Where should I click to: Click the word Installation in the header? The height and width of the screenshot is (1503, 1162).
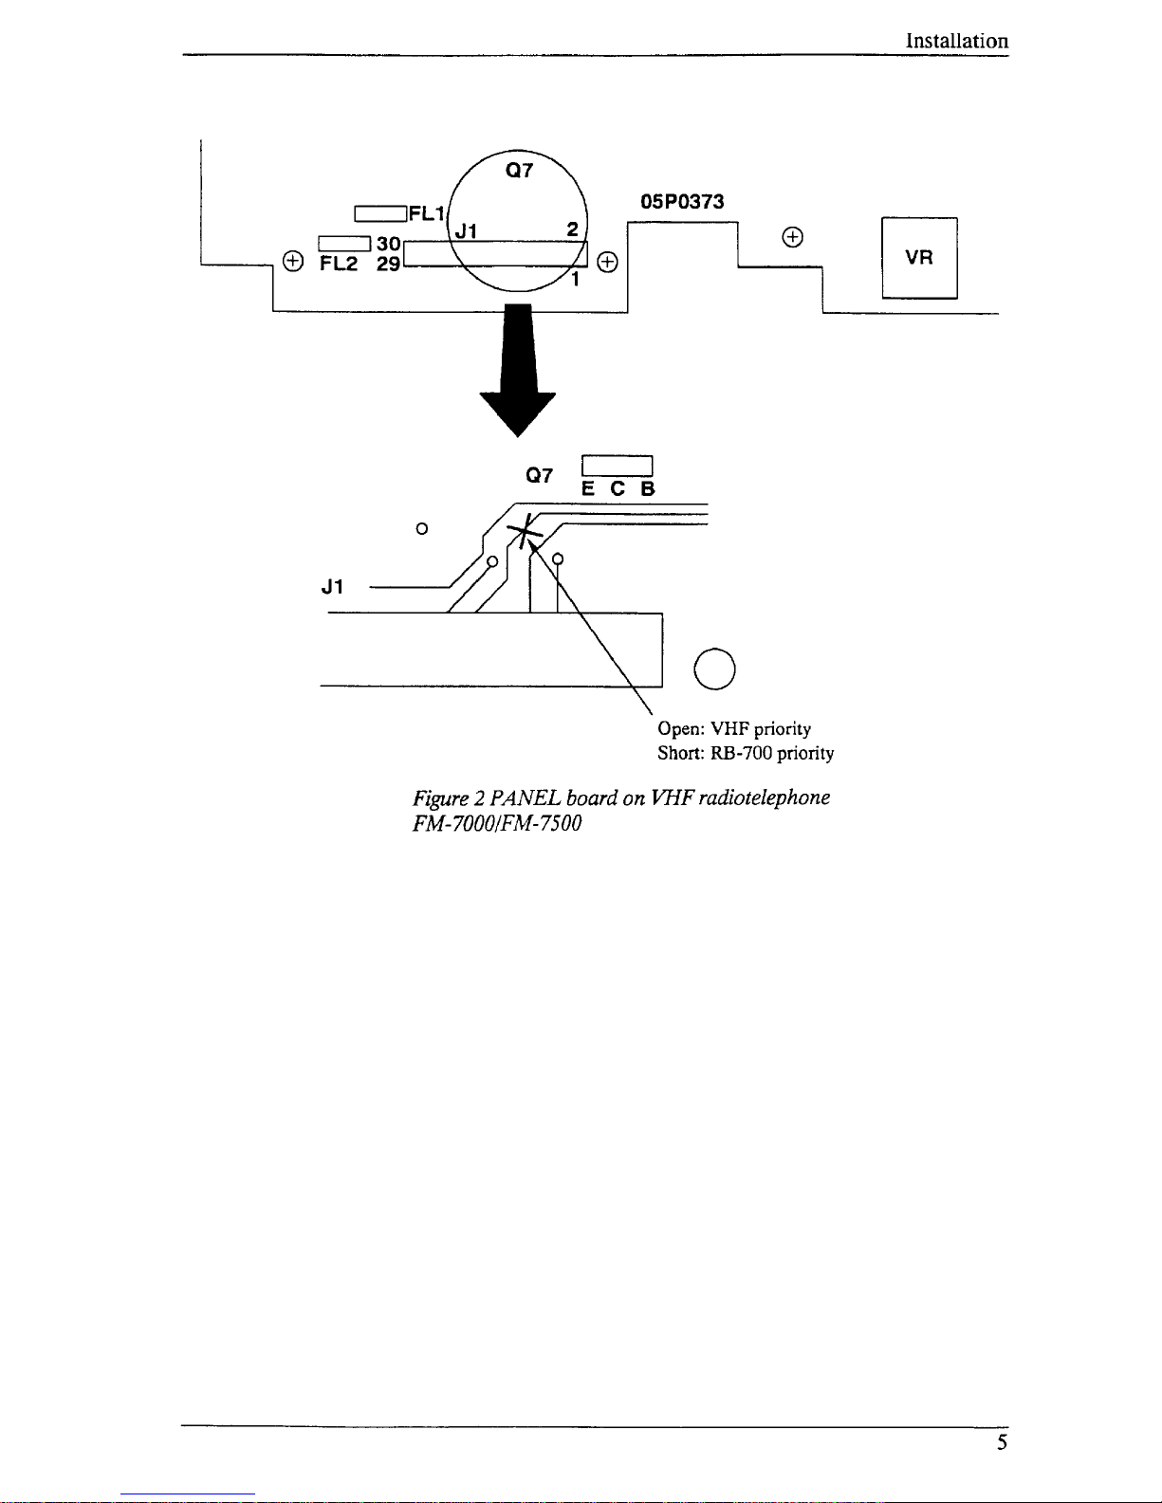click(x=956, y=41)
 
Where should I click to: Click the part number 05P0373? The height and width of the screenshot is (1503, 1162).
click(x=682, y=201)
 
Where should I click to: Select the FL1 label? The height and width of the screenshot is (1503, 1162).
click(x=426, y=213)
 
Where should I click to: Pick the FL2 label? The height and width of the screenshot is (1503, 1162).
click(x=339, y=264)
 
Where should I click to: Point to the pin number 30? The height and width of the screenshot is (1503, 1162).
click(x=388, y=244)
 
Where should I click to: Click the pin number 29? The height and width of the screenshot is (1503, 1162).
click(x=388, y=265)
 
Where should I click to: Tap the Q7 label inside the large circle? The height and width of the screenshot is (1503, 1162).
click(x=519, y=170)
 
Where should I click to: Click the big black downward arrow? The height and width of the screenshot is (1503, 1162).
click(x=517, y=370)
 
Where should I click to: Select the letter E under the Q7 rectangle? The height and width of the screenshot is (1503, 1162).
click(x=588, y=489)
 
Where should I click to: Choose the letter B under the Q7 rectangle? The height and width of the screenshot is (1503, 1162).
click(x=647, y=489)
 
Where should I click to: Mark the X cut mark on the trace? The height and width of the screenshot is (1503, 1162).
click(x=525, y=531)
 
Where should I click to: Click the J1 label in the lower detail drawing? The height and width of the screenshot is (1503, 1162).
click(x=332, y=587)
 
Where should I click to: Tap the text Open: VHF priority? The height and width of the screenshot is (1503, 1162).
click(x=734, y=729)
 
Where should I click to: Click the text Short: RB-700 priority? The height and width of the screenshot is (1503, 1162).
click(x=746, y=753)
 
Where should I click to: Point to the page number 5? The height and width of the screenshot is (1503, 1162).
click(x=1002, y=1442)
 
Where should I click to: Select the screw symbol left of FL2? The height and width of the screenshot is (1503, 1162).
click(x=293, y=261)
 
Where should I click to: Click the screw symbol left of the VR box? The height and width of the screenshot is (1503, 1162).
click(x=793, y=237)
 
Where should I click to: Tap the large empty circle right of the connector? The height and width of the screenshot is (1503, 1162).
click(x=714, y=648)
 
